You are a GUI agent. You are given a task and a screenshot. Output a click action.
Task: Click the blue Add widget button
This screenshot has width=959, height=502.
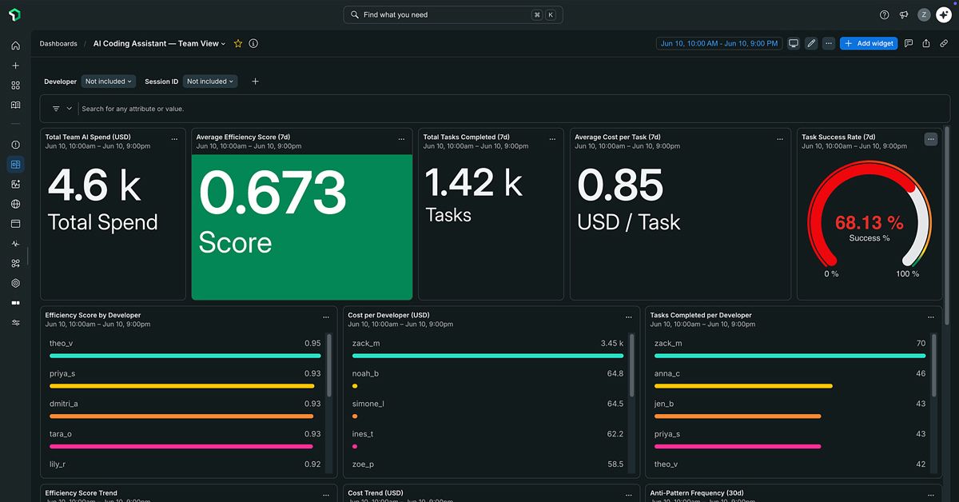[x=868, y=43]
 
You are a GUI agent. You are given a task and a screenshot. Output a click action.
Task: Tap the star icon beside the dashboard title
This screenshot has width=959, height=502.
[x=238, y=43]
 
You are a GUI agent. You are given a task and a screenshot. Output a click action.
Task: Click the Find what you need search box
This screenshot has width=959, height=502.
[x=453, y=14]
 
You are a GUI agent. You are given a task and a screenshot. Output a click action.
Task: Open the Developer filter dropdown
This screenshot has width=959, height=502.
[x=109, y=82]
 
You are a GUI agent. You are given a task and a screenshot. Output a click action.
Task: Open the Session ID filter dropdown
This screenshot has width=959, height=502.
[x=209, y=82]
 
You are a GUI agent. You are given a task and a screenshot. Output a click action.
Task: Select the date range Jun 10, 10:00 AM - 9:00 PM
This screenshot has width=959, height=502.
[x=718, y=43]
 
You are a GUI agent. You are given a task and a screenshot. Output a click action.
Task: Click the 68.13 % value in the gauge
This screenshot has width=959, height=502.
[x=869, y=223]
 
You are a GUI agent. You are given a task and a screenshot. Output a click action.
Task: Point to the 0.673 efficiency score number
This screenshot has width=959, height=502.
[x=273, y=192]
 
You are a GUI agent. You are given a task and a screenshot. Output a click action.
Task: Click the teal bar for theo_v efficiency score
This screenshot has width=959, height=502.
[x=185, y=356]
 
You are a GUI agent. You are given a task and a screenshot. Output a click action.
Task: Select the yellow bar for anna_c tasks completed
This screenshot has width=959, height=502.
[x=743, y=386]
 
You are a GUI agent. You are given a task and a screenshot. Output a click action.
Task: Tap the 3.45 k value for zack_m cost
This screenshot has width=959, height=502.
[x=612, y=343]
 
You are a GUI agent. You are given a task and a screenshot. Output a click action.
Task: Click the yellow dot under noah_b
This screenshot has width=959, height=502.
[x=355, y=386]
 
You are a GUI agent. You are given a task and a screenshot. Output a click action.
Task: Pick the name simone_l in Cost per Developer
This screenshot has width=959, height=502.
[x=368, y=404]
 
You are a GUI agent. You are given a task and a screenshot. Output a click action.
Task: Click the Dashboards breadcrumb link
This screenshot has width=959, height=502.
[x=58, y=43]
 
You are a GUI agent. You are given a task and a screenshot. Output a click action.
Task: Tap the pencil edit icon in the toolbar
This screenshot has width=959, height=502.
[x=811, y=43]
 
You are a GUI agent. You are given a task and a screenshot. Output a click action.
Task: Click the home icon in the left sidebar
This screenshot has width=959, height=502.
[x=15, y=46]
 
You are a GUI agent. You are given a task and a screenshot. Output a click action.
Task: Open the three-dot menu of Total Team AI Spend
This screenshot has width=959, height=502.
[x=174, y=139]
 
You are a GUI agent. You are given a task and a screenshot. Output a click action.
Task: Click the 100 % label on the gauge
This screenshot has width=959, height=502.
[x=908, y=273]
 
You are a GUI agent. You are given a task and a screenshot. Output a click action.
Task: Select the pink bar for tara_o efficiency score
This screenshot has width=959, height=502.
[x=181, y=446]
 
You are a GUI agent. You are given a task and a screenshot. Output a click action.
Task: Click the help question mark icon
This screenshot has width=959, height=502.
[x=884, y=14]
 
